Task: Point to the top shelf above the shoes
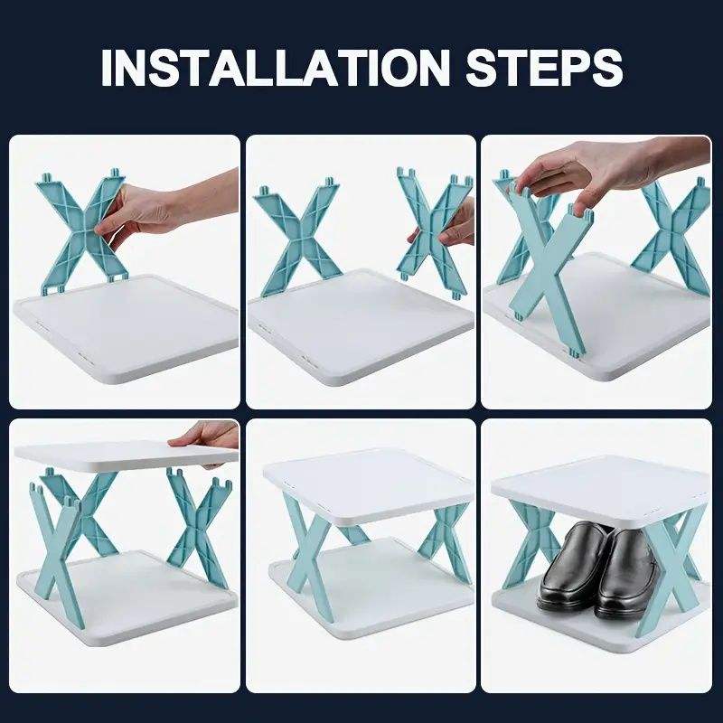pos(599,491)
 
